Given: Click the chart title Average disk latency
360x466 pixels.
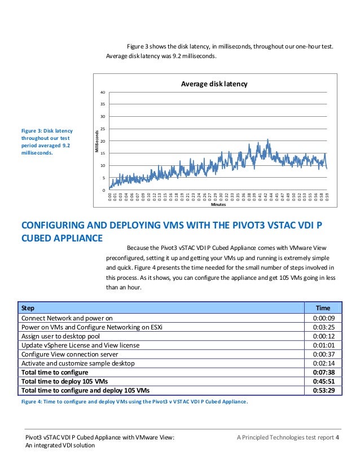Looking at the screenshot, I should (x=214, y=84).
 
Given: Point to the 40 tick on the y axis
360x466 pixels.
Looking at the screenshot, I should (x=102, y=92).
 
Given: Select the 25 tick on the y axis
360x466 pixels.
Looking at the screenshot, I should (x=102, y=129).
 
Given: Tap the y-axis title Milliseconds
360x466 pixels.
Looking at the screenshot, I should (x=96, y=141).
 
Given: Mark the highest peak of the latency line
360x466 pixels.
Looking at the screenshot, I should (x=267, y=139).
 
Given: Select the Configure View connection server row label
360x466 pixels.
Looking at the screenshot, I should (x=69, y=354).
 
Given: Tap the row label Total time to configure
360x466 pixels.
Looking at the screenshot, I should (x=54, y=372).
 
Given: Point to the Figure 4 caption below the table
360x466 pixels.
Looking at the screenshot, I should (x=134, y=401).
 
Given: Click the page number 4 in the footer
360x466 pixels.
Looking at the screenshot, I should (x=337, y=437).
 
